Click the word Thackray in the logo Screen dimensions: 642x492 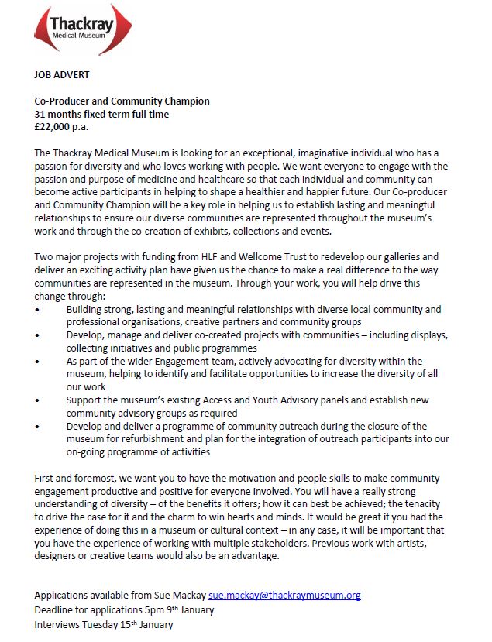click(x=81, y=24)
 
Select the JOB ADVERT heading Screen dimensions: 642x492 click(x=61, y=77)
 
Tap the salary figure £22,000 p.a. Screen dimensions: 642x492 click(x=62, y=126)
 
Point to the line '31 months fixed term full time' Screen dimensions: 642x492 click(x=101, y=114)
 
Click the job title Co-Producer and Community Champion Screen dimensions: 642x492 click(x=122, y=101)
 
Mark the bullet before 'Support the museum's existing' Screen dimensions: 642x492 click(x=37, y=401)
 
